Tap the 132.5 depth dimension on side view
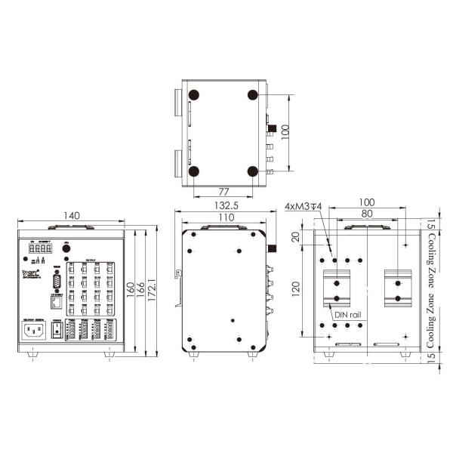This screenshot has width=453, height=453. click(x=223, y=205)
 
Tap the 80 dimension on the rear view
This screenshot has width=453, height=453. click(x=366, y=214)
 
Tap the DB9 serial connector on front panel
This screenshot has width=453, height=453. click(x=56, y=282)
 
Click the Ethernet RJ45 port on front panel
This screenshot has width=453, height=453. click(x=56, y=302)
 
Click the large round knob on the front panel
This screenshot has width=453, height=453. click(x=66, y=247)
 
